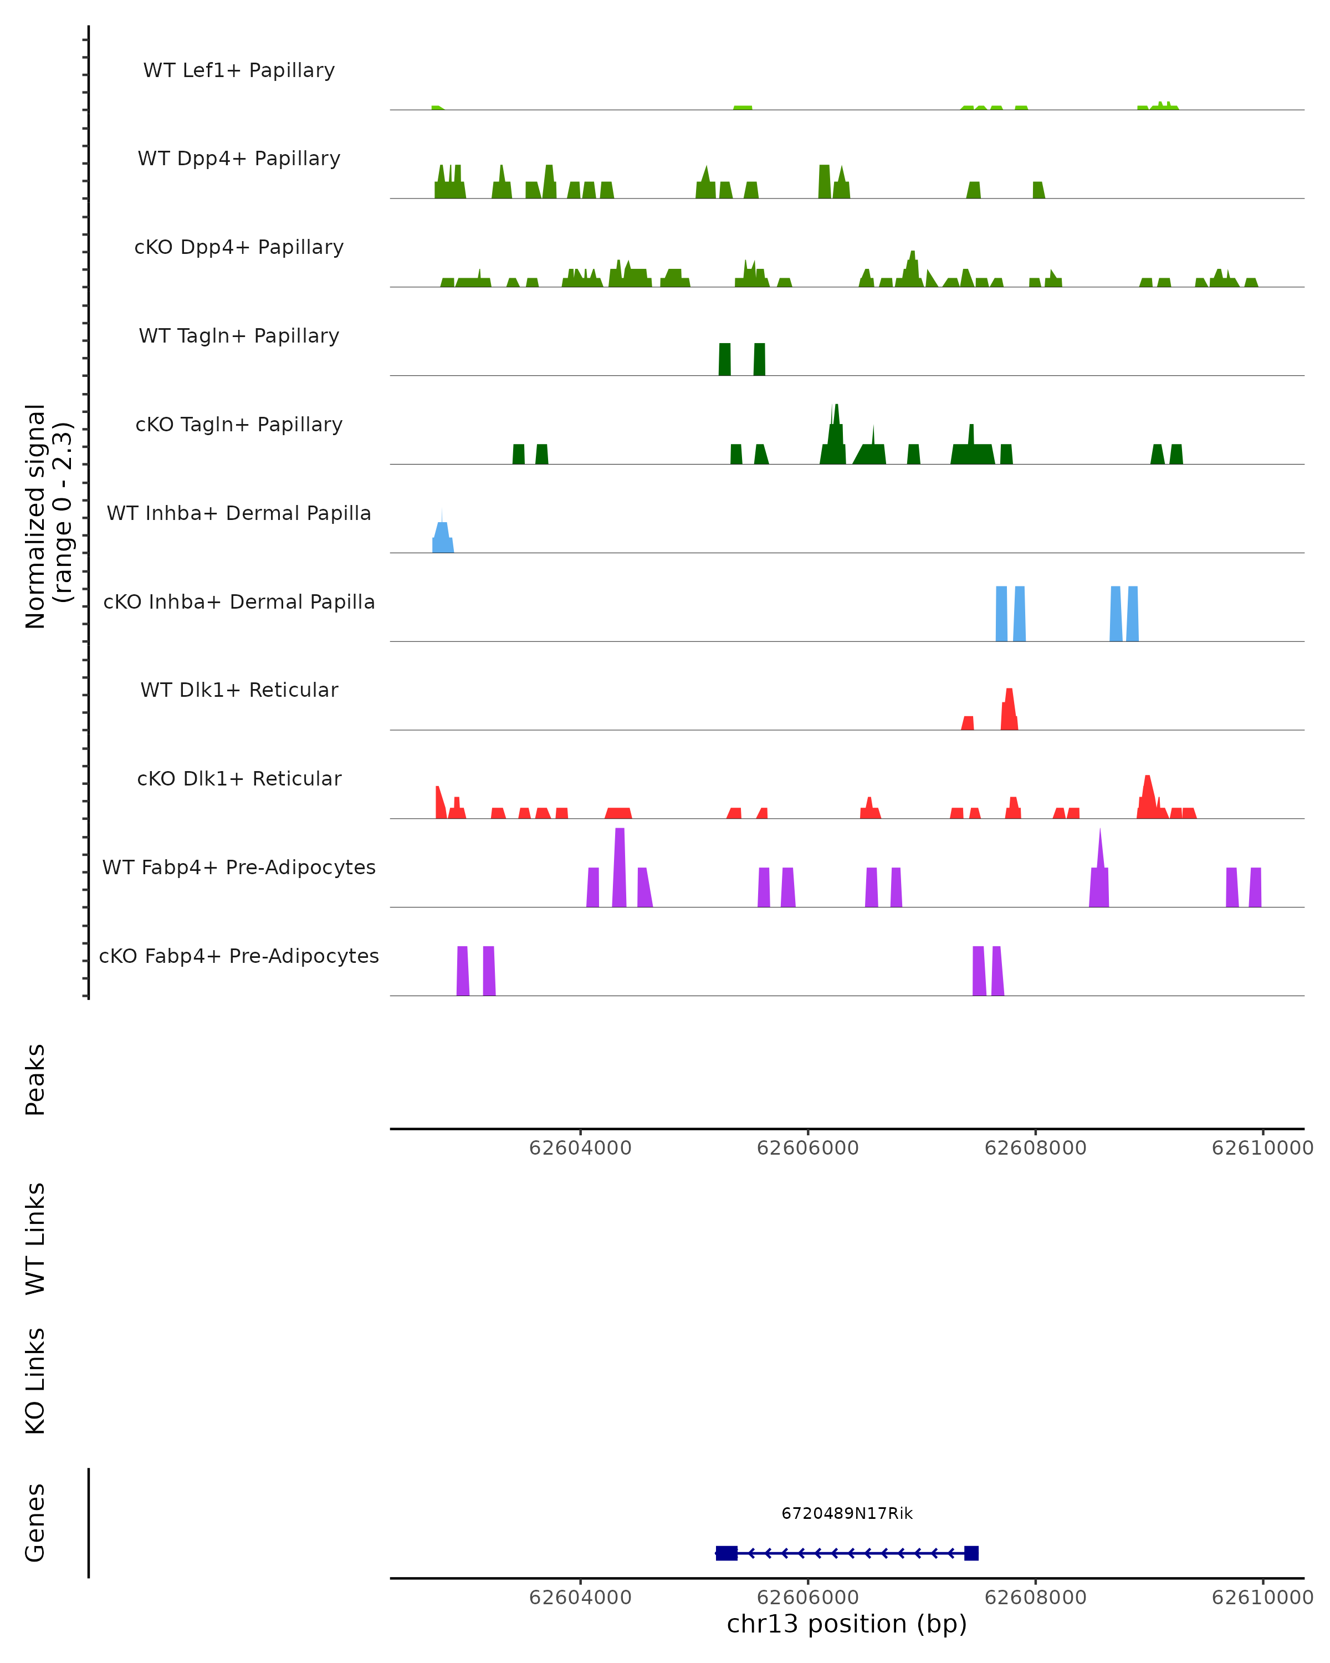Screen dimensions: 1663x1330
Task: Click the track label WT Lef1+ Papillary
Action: pos(239,70)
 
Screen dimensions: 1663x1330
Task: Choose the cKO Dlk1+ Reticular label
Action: pos(239,778)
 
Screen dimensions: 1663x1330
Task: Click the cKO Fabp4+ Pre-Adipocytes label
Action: pos(239,956)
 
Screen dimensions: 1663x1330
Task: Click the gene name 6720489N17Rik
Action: pos(847,1513)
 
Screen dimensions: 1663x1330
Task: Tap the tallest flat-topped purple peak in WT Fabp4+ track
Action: pos(619,868)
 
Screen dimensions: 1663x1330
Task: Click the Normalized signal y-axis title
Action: pos(48,516)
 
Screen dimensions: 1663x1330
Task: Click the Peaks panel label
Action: pos(35,1079)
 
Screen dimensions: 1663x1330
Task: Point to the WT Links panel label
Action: pos(35,1238)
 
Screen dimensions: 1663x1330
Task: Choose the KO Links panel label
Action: pos(35,1381)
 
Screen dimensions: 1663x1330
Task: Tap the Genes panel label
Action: pos(35,1523)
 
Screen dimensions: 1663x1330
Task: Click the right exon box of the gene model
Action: pos(971,1553)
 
